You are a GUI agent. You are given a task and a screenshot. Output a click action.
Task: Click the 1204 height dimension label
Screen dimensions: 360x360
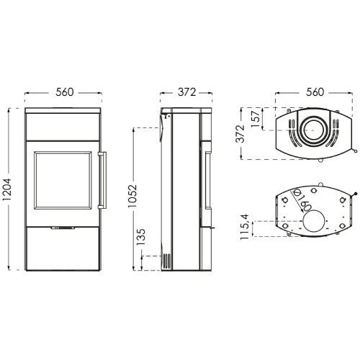[6, 189]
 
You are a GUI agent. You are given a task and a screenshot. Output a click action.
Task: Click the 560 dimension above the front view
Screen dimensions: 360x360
[64, 92]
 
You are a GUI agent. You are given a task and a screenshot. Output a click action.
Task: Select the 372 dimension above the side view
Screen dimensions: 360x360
[186, 92]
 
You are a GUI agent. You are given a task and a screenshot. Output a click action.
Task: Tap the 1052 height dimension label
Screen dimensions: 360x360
[132, 196]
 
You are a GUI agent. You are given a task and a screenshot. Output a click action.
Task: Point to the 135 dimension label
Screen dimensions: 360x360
[141, 237]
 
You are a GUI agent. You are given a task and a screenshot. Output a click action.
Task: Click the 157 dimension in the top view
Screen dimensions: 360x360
[256, 119]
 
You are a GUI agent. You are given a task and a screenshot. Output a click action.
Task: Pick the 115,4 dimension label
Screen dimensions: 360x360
[245, 227]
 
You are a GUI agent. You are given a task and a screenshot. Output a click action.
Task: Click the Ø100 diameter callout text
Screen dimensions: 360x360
[303, 201]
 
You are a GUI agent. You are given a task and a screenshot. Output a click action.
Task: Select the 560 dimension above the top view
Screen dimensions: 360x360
[315, 92]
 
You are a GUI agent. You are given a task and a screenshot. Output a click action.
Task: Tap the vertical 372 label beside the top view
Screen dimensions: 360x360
[240, 134]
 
